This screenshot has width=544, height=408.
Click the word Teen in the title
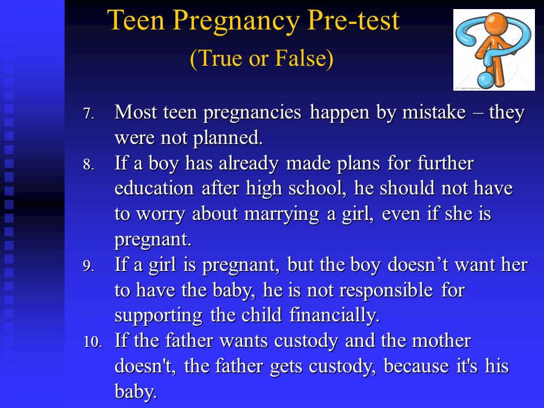(135, 20)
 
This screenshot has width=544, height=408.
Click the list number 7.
(88, 113)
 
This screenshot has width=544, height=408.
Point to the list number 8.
(88, 164)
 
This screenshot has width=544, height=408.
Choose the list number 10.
(92, 342)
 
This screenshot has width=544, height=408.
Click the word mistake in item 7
(433, 112)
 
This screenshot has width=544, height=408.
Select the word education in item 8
(154, 189)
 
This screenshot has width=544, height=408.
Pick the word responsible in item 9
(386, 291)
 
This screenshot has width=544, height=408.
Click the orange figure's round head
(496, 23)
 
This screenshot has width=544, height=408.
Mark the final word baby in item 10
(135, 392)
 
